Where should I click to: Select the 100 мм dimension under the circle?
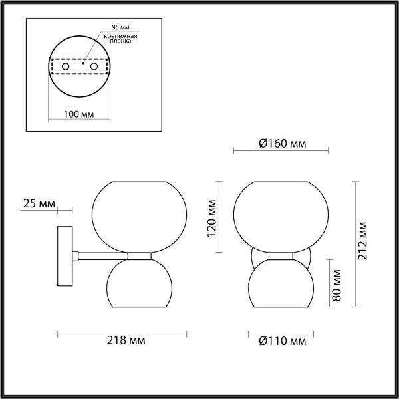pos(78,114)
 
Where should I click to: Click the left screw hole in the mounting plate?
pos(66,67)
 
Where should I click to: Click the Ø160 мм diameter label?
pos(281,143)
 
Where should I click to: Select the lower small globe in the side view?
pos(138,283)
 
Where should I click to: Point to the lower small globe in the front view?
pos(281,283)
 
